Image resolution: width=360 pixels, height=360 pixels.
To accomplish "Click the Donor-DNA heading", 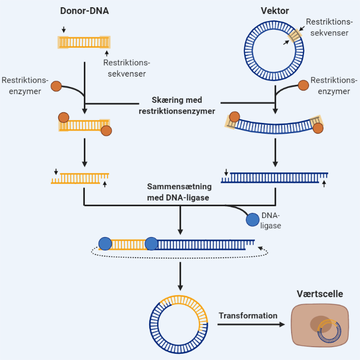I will coord(84,11).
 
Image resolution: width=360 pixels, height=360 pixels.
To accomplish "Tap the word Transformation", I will coord(248,316).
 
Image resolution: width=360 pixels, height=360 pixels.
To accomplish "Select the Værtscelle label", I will coord(320,294).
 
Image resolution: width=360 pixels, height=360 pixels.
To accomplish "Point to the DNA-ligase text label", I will coord(271,220).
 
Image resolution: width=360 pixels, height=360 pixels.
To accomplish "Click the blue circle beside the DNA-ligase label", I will coord(253,220).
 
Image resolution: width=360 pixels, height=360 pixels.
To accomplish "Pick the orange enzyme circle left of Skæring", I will coord(56,86).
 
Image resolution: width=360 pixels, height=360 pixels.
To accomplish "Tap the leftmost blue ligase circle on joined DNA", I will coord(105,243).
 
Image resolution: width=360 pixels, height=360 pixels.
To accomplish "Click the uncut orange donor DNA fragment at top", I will coord(84,42).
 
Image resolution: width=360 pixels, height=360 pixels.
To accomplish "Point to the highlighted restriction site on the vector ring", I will coord(295,36).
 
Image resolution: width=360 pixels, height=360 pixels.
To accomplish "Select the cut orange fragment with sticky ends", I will coord(80,178).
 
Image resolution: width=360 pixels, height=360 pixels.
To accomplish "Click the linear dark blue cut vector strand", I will coord(275,178).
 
